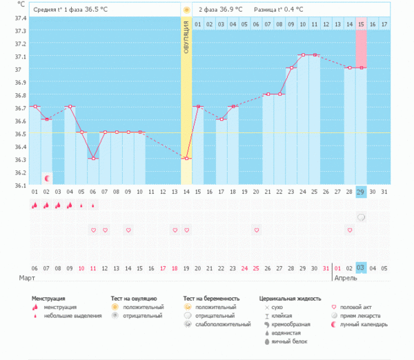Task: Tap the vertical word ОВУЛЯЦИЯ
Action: [186, 41]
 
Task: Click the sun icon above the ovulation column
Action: [186, 10]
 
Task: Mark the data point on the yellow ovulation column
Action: [186, 158]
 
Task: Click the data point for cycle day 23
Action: [290, 68]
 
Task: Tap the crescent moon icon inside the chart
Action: [47, 178]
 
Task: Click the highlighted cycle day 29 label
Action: [361, 192]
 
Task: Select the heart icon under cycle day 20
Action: [256, 230]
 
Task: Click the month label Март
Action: [28, 277]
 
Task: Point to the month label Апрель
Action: [346, 277]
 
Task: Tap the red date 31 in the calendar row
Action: [326, 268]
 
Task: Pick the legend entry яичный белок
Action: [290, 341]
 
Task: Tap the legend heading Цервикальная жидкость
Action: [290, 299]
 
